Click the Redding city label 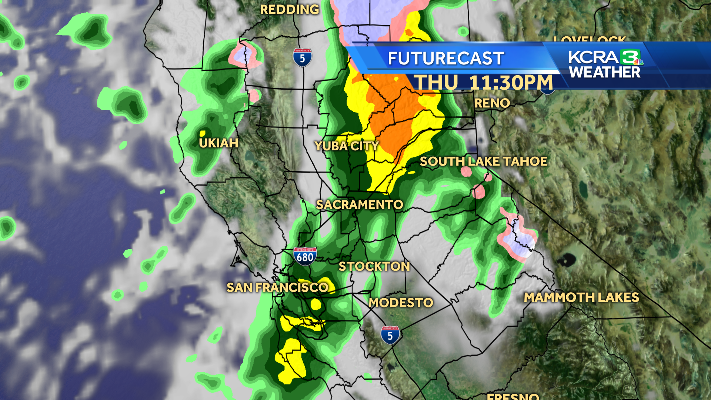click(289, 10)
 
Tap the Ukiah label click(218, 143)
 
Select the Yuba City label click(347, 146)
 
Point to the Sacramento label click(359, 205)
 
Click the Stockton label click(374, 267)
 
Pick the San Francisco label click(277, 288)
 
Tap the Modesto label click(401, 303)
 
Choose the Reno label click(492, 103)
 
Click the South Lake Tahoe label click(483, 161)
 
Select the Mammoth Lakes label click(581, 297)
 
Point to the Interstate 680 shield click(305, 256)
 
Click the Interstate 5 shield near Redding click(302, 58)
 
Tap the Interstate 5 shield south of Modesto click(390, 335)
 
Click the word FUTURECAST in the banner click(446, 59)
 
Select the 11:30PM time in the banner click(511, 83)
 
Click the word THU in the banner click(435, 83)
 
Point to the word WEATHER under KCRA click(605, 73)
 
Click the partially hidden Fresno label click(513, 396)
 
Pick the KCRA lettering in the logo click(593, 57)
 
